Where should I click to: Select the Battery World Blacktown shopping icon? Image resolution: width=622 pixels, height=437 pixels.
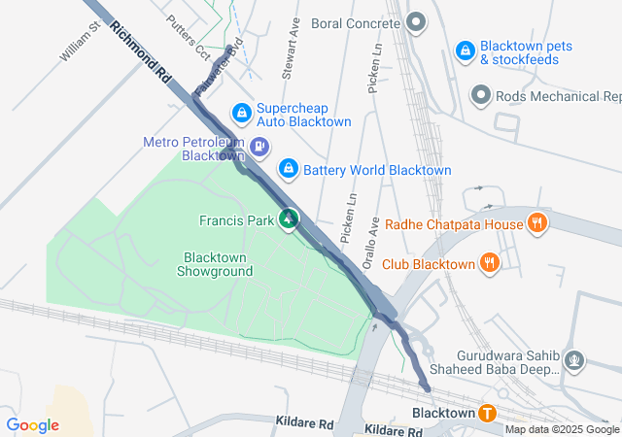(x=288, y=169)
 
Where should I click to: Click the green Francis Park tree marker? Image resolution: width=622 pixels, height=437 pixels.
(x=289, y=220)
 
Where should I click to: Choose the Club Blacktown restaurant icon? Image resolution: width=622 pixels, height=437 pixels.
(x=490, y=263)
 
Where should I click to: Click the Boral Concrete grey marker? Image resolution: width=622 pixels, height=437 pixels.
(x=416, y=21)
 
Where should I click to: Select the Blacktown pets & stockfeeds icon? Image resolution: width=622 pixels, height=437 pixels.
(x=466, y=49)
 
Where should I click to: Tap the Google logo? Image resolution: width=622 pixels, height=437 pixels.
(x=32, y=425)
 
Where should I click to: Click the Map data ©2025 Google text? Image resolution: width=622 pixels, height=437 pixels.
(x=562, y=430)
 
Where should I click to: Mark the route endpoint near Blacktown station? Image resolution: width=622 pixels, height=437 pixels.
(x=427, y=388)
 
